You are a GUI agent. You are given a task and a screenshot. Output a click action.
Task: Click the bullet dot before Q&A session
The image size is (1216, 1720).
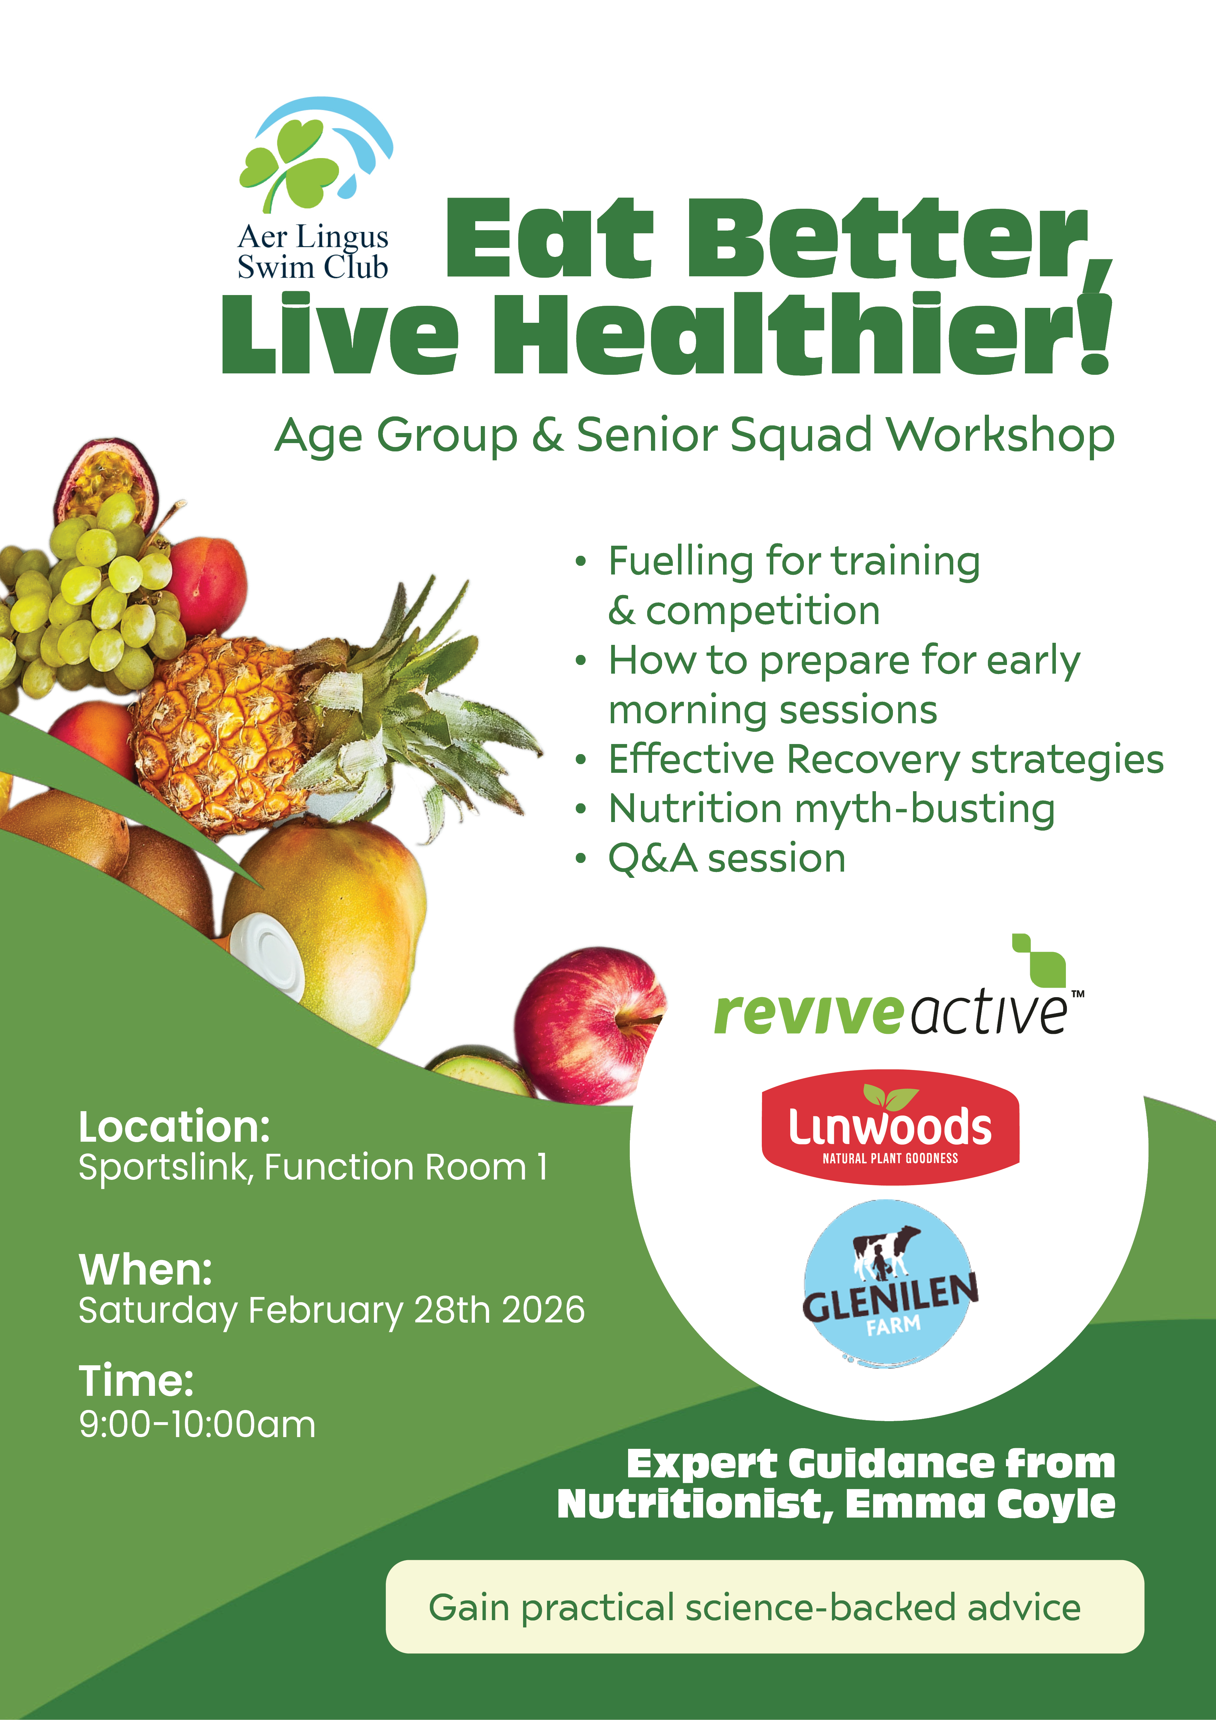[580, 859]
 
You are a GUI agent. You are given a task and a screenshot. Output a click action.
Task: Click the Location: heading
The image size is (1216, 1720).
[174, 1127]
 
